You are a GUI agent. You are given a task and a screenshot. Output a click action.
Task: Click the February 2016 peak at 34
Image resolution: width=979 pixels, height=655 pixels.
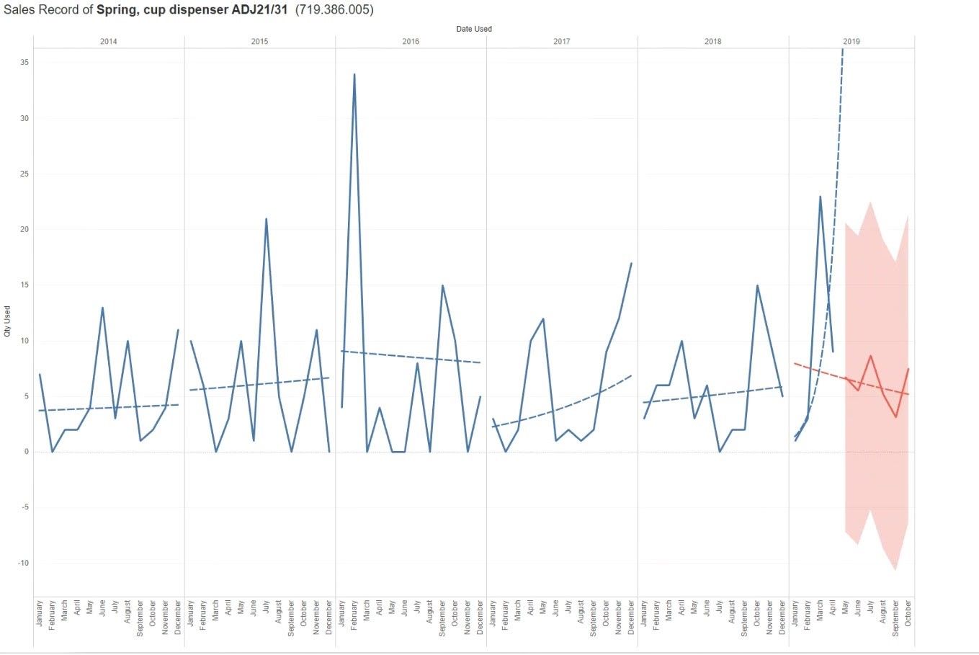pos(354,74)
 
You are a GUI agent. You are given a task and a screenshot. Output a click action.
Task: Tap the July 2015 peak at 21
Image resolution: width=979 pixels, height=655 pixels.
pos(266,219)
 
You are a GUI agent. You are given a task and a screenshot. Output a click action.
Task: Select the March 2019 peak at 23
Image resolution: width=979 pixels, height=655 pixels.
pos(820,197)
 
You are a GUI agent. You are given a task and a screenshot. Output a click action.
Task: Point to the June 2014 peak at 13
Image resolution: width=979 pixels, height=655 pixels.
pos(102,308)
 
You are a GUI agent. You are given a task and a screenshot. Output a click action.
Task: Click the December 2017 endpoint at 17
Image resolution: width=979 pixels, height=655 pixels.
pos(631,264)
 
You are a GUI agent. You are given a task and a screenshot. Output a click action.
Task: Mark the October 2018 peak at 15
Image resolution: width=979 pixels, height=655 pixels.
pos(757,285)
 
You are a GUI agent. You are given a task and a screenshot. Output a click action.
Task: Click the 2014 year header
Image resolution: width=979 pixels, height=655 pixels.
pos(108,42)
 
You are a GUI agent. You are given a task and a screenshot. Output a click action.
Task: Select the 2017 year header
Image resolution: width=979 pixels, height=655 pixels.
pos(561,42)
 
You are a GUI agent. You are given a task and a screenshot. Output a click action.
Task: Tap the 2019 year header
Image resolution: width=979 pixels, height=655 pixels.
pos(851,42)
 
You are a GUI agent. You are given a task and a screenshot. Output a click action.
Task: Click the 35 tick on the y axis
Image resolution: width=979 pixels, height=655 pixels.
pos(24,63)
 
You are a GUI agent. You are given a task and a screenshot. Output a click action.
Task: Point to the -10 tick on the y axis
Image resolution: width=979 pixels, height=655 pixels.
pos(22,563)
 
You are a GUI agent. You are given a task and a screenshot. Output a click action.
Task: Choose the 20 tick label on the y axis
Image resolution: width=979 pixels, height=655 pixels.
pos(24,229)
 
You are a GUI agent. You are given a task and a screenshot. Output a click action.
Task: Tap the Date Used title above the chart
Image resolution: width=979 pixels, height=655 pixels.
pos(474,29)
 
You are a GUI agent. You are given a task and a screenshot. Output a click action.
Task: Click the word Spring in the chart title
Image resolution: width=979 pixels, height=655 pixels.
pos(115,10)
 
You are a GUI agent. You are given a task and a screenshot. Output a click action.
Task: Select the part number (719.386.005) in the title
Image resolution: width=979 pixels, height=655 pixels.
pos(334,10)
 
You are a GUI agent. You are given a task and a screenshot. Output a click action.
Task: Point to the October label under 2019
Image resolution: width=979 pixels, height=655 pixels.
pos(908,613)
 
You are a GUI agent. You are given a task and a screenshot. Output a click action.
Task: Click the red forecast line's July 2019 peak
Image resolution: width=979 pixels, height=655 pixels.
pos(870,356)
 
